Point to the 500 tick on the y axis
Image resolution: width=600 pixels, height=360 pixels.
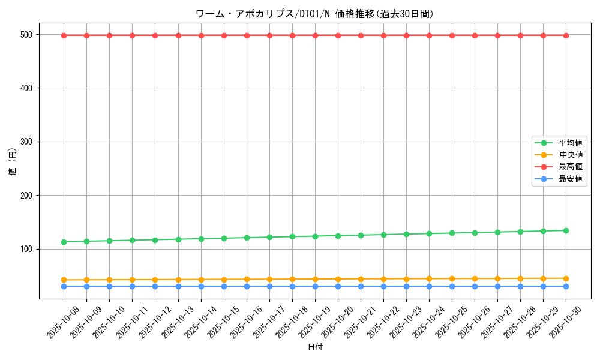29,35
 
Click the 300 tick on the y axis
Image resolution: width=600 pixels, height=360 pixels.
29,142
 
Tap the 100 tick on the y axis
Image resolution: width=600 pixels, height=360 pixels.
29,249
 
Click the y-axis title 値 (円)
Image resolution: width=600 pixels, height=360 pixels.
13,161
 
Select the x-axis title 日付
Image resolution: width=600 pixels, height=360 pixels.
314,347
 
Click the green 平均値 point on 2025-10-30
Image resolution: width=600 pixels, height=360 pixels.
566,230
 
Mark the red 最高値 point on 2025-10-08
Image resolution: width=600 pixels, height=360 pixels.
64,35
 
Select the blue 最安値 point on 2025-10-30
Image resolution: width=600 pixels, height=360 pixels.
566,286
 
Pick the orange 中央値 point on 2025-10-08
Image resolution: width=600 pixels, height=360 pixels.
64,280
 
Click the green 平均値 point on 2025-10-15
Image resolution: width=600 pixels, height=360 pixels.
224,238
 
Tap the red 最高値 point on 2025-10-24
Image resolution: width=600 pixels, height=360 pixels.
429,35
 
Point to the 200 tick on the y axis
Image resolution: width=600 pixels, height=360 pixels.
29,196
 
